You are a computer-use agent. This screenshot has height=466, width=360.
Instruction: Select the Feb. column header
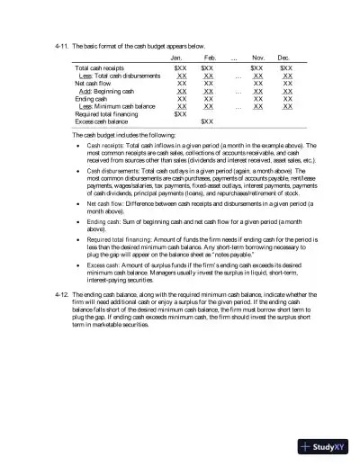tap(210, 57)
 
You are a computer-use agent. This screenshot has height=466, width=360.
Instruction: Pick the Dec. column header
tap(285, 57)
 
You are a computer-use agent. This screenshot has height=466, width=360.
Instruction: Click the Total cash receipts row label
tap(101, 68)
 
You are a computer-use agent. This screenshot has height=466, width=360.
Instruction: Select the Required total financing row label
tap(106, 114)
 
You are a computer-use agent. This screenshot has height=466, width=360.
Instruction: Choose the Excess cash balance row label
tap(102, 121)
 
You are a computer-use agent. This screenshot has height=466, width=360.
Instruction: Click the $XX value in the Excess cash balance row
tap(207, 121)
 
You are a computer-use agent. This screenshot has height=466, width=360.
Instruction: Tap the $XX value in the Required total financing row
tap(180, 114)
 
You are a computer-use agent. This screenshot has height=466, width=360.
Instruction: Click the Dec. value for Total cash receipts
tap(286, 68)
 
